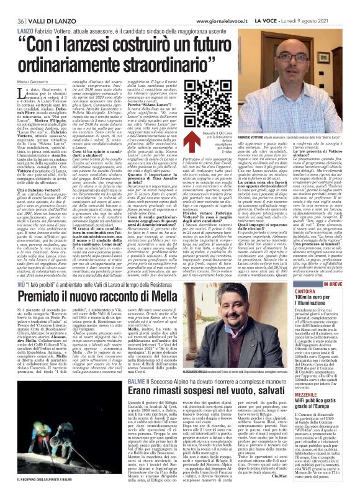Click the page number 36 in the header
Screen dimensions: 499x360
click(11, 13)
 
